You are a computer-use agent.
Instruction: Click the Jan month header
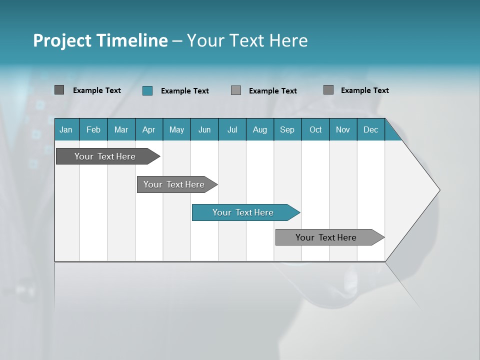(66, 129)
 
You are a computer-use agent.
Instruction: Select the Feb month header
(93, 129)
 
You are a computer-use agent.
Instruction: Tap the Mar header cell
(121, 129)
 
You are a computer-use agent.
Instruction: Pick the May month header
(176, 129)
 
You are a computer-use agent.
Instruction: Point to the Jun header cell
(204, 129)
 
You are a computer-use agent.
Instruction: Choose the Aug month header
(259, 129)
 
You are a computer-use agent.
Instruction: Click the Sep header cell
(287, 129)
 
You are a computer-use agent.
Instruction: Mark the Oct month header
(315, 129)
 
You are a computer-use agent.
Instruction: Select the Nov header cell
(343, 129)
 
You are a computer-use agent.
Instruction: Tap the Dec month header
(371, 129)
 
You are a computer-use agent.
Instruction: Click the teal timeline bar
(243, 212)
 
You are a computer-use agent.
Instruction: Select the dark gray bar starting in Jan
(105, 156)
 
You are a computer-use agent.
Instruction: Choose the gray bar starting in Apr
(174, 184)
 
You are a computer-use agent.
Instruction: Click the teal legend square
(147, 90)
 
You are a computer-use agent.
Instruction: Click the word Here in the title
(288, 40)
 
